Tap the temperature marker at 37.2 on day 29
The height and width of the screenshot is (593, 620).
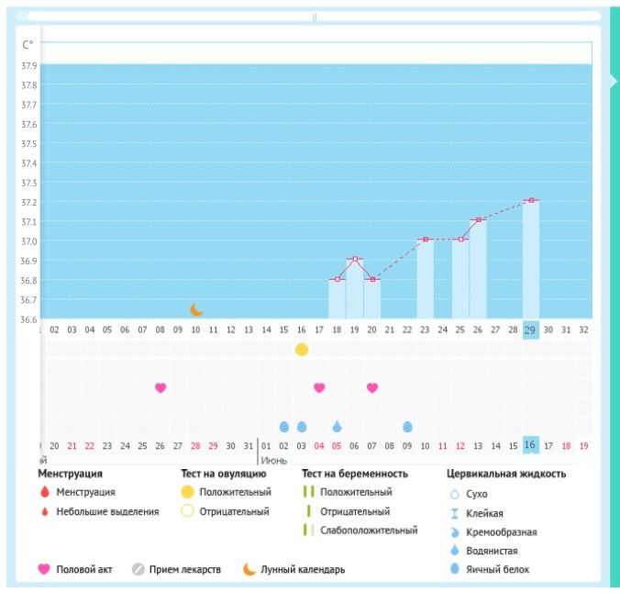[x=531, y=200]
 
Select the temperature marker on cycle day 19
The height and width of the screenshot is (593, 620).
[x=355, y=260]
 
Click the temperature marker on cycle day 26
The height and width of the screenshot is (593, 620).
[x=478, y=220]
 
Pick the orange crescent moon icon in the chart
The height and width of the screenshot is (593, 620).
[x=196, y=310]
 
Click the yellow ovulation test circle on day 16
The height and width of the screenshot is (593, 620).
[x=302, y=350]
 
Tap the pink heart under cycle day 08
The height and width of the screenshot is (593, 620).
[x=161, y=387]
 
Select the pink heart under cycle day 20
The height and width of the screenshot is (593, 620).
[x=372, y=387]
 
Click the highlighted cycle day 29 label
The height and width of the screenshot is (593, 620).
[x=531, y=330]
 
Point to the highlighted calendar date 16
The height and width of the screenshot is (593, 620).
[x=530, y=445]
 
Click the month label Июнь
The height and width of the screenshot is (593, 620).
[x=273, y=460]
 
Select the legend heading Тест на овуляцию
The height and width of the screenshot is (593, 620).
[x=224, y=475]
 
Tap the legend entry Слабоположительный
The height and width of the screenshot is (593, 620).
[x=368, y=531]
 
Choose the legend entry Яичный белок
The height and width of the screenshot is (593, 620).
[x=496, y=569]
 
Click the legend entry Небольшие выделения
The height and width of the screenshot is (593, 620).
[x=108, y=511]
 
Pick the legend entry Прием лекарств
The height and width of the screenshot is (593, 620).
[x=185, y=570]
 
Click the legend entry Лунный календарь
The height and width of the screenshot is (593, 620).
[x=304, y=570]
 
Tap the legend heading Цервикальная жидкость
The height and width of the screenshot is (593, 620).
[x=506, y=475]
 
